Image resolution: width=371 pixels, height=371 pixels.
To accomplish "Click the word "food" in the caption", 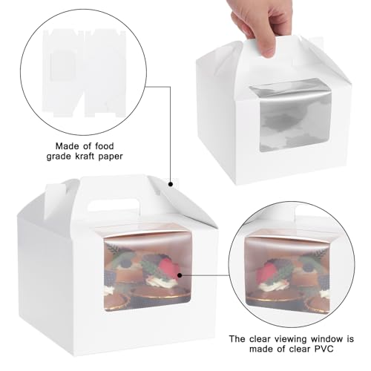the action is coord(102,146).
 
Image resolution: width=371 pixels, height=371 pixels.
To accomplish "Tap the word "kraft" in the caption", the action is coord(84,157).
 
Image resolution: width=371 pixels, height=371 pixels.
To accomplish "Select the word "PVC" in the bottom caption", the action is coord(324,349).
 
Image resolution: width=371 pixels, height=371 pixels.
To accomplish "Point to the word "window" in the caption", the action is coord(327,338).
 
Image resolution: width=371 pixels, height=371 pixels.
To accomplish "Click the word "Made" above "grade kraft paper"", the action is coord(68,146).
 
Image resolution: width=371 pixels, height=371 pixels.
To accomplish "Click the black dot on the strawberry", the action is coord(180,275).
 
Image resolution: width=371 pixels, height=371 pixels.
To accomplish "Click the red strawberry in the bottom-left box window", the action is coord(168,269).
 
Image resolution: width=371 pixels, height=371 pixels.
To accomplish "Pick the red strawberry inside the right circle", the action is coord(264,273).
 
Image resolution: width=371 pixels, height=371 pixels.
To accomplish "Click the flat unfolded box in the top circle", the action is coord(84,73).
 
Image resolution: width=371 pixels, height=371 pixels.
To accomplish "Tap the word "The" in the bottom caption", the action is coord(237,338).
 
